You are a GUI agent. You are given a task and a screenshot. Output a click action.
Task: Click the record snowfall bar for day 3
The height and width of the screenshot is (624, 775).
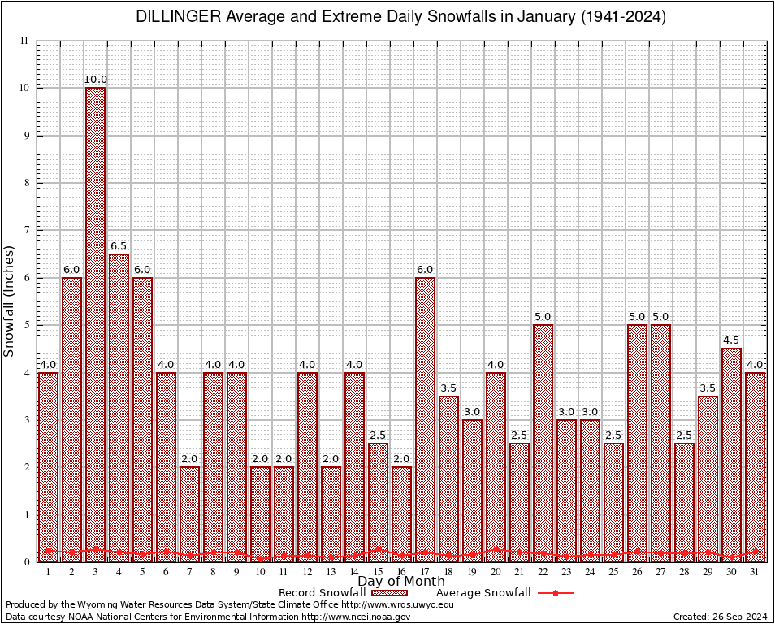click(x=95, y=325)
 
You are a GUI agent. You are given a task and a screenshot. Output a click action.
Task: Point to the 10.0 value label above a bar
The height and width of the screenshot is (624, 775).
click(x=95, y=80)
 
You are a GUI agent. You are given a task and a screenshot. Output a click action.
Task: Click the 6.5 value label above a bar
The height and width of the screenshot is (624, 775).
click(x=119, y=245)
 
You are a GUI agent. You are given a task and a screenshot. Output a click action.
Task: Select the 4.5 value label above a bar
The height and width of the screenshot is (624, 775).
click(x=731, y=340)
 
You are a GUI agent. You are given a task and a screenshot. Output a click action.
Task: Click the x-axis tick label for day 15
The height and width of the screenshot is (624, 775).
click(x=378, y=572)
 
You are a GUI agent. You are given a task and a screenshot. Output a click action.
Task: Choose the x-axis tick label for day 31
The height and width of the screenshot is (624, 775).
click(x=755, y=572)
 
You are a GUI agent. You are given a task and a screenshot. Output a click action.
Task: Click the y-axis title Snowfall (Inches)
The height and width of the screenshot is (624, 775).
click(x=9, y=301)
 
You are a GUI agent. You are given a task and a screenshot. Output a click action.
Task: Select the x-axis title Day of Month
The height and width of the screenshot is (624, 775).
click(x=401, y=582)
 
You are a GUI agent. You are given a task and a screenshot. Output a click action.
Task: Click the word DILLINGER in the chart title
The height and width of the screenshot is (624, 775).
click(x=176, y=17)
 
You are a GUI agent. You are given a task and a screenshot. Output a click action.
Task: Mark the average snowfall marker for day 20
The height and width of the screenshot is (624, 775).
click(x=496, y=549)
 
